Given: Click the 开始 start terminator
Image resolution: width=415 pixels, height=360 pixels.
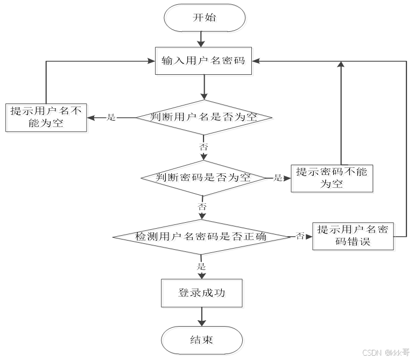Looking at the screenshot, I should (x=205, y=18).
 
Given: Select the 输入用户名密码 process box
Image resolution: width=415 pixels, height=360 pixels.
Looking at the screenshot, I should (x=203, y=61).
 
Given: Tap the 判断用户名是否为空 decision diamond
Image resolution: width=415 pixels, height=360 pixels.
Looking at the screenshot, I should (x=203, y=117).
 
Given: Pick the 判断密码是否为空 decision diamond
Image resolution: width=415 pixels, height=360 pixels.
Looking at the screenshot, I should (x=203, y=178).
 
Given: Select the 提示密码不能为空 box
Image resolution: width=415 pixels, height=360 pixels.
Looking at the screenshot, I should (x=332, y=178).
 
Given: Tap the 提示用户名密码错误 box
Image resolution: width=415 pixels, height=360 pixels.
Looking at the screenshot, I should (x=353, y=236).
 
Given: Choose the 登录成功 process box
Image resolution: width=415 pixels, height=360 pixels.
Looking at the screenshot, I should (x=202, y=294).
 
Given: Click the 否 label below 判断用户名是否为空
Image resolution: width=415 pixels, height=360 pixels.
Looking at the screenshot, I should (x=203, y=146).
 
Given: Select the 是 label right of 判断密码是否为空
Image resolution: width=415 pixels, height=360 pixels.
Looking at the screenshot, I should (x=278, y=178).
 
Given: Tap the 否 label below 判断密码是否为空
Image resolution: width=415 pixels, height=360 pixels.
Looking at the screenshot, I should (x=202, y=207).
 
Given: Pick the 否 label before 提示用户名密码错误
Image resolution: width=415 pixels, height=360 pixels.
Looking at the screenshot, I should (x=300, y=236).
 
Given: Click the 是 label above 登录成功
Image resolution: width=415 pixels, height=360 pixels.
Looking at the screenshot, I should (x=202, y=266).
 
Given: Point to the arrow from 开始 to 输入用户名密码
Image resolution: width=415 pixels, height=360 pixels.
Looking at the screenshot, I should (x=202, y=39).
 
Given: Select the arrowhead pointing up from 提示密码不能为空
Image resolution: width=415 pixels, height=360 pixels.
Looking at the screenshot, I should (x=340, y=65).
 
